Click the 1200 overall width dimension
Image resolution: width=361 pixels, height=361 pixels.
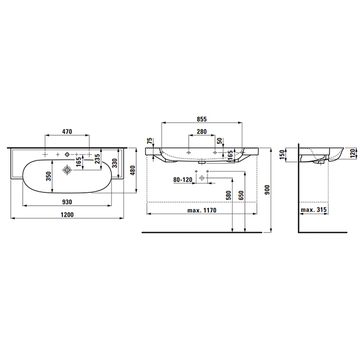click(67, 215)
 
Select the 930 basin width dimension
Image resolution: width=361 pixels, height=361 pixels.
click(67, 202)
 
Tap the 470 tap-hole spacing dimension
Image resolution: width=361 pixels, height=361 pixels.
click(67, 132)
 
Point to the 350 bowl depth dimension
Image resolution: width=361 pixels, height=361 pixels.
click(48, 176)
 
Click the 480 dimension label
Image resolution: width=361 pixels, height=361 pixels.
click(133, 170)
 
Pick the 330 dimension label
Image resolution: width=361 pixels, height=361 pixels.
click(114, 163)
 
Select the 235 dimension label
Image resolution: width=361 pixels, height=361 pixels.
click(97, 159)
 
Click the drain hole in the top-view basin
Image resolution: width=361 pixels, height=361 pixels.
click(67, 170)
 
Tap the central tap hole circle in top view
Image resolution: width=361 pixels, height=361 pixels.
click(67, 154)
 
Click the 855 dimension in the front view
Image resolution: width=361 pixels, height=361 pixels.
click(202, 119)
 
